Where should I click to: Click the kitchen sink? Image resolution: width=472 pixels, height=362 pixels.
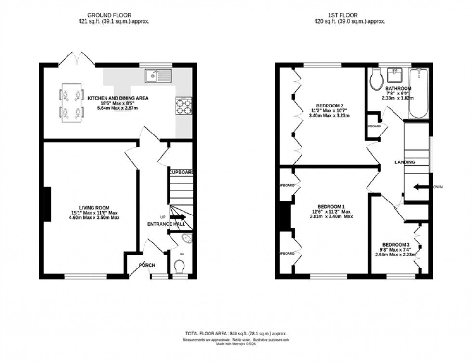[x=158, y=75]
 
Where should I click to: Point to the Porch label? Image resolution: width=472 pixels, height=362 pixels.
[x=146, y=265]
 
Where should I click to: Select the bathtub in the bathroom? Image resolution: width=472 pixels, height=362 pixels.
[x=419, y=94]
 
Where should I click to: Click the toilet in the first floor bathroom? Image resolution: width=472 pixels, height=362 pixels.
[x=377, y=80]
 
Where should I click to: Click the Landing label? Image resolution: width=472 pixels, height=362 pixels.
[x=405, y=162]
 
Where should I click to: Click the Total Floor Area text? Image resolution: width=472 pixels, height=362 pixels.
[x=236, y=334]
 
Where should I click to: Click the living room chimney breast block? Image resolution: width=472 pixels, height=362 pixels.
[x=47, y=204]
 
